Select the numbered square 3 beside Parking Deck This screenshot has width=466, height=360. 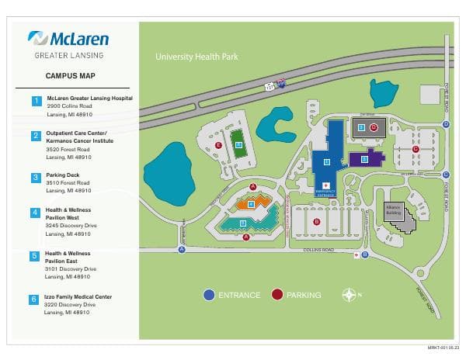click(35, 177)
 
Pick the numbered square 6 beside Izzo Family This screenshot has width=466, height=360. click(35, 299)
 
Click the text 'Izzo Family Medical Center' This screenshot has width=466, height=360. click(78, 296)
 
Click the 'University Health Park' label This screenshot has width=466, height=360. click(196, 57)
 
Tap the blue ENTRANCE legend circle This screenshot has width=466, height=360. click(209, 295)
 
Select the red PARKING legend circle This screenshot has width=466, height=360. click(277, 295)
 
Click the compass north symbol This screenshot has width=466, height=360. click(349, 295)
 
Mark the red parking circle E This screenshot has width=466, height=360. click(219, 145)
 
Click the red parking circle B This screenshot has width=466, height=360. click(316, 222)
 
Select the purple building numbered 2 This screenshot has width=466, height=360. click(363, 159)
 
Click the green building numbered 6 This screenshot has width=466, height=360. click(239, 145)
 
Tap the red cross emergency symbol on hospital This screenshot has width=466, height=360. click(356, 254)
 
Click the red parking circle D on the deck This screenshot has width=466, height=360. click(374, 127)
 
